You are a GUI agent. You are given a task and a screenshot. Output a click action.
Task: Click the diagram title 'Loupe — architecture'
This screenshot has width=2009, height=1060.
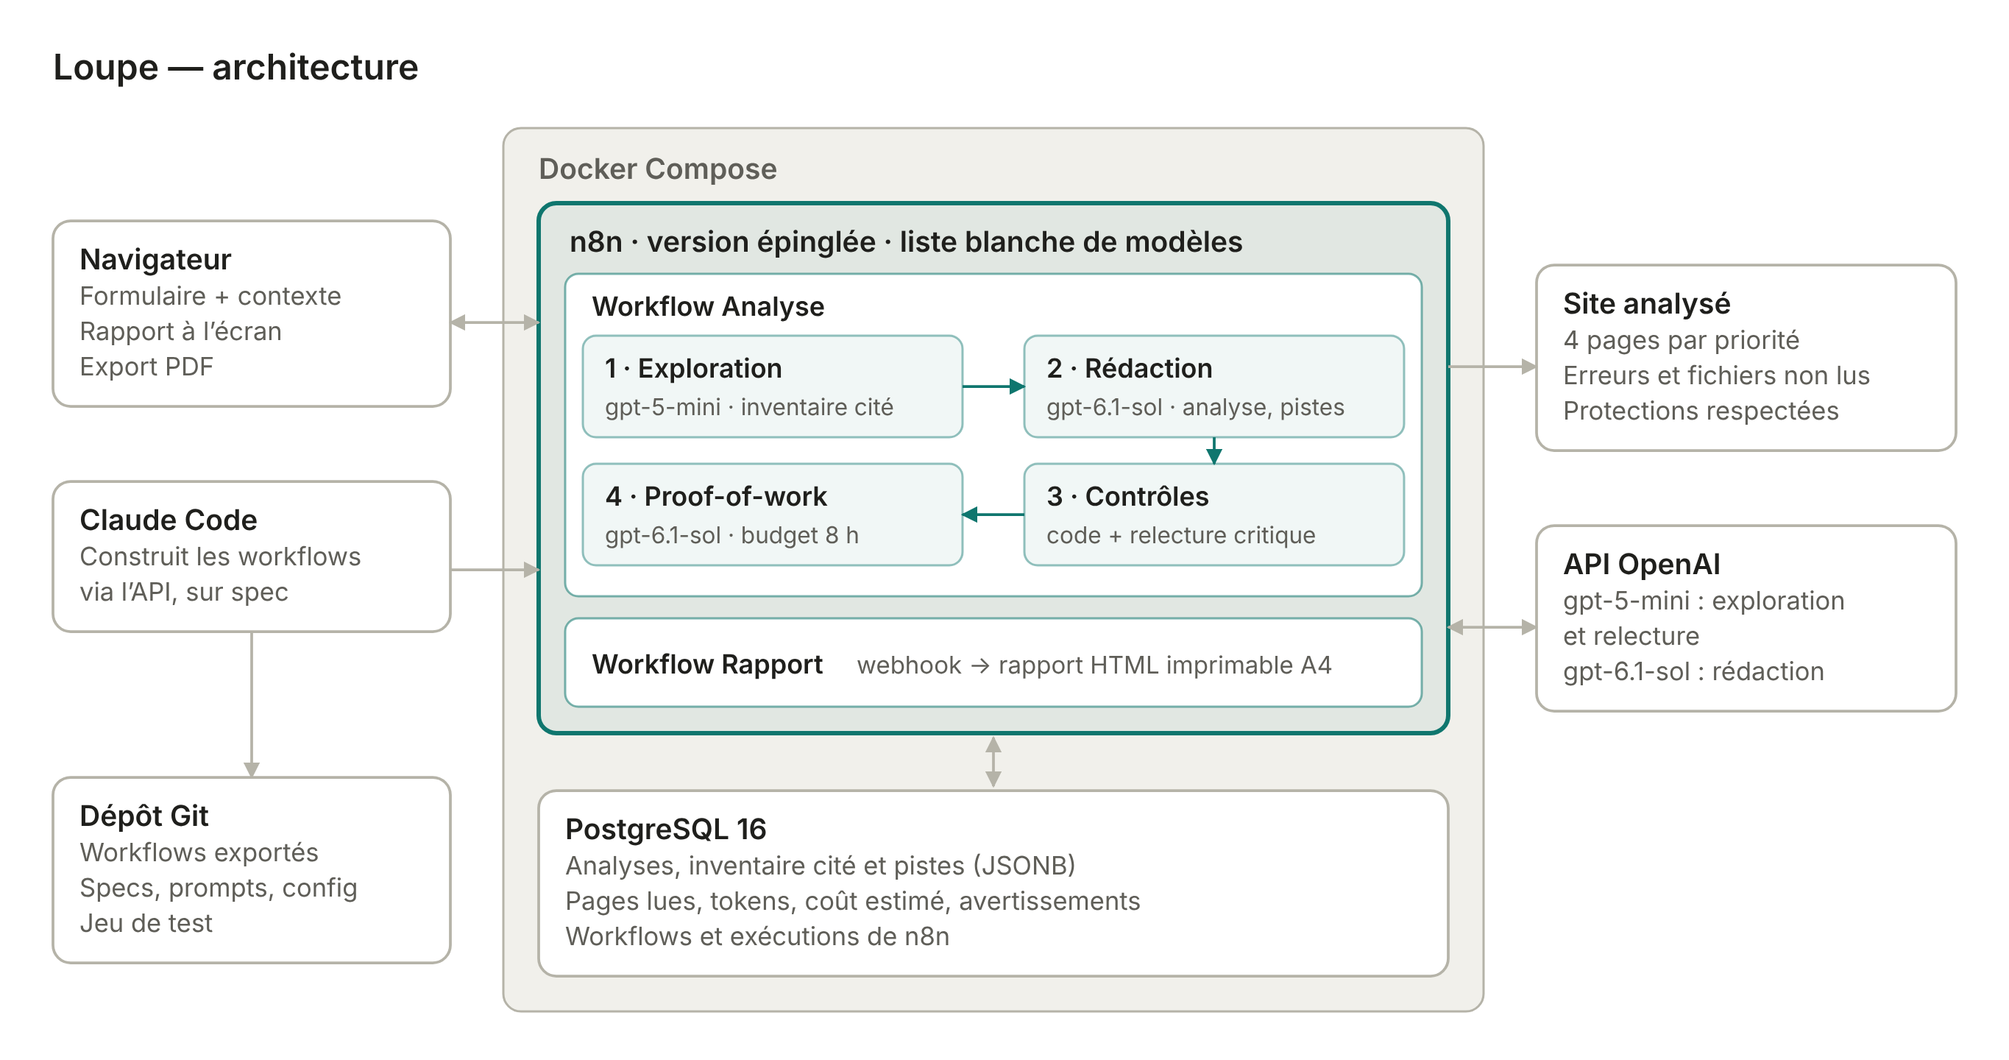pos(235,67)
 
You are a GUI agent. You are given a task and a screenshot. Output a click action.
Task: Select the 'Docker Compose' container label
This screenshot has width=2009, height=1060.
pos(657,169)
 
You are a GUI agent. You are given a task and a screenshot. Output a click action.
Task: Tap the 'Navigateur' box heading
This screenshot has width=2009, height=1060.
pos(155,259)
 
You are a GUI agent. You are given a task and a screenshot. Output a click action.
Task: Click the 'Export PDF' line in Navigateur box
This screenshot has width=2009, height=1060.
pos(146,367)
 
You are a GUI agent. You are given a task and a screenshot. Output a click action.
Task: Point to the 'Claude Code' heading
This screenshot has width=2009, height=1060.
pos(169,520)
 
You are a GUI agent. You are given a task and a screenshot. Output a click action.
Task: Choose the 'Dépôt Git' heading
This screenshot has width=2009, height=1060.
pos(143,815)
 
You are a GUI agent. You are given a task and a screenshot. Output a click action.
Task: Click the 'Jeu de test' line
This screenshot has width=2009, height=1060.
pos(146,923)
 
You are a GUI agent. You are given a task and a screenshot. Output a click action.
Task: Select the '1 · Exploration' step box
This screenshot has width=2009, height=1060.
pos(772,386)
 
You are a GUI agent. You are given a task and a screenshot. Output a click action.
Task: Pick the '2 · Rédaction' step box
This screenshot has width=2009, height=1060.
pos(1213,386)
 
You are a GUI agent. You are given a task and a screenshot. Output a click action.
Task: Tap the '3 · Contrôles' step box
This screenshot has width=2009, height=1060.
pos(1213,514)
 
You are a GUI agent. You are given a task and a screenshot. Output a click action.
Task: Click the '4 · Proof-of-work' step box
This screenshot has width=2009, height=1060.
pos(772,514)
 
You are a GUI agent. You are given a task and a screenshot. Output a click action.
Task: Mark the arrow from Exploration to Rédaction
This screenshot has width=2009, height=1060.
pos(993,386)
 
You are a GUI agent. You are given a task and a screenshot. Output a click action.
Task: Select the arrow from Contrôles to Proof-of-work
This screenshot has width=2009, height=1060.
pos(993,514)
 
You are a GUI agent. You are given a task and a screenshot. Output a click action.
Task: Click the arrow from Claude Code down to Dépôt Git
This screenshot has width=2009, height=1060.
pos(251,704)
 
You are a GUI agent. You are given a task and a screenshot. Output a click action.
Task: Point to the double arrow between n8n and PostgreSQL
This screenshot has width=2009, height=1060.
pos(993,762)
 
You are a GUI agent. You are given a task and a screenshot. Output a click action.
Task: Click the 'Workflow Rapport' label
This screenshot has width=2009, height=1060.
pos(706,664)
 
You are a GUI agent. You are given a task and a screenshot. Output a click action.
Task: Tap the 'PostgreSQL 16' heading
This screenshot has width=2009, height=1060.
pos(665,828)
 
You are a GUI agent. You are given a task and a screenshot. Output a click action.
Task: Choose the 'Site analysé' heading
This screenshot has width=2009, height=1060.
pos(1646,303)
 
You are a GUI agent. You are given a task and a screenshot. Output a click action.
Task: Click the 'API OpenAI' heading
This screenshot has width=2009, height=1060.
pos(1641,564)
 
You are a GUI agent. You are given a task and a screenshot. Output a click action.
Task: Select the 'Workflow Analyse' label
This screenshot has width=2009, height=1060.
pos(707,306)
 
